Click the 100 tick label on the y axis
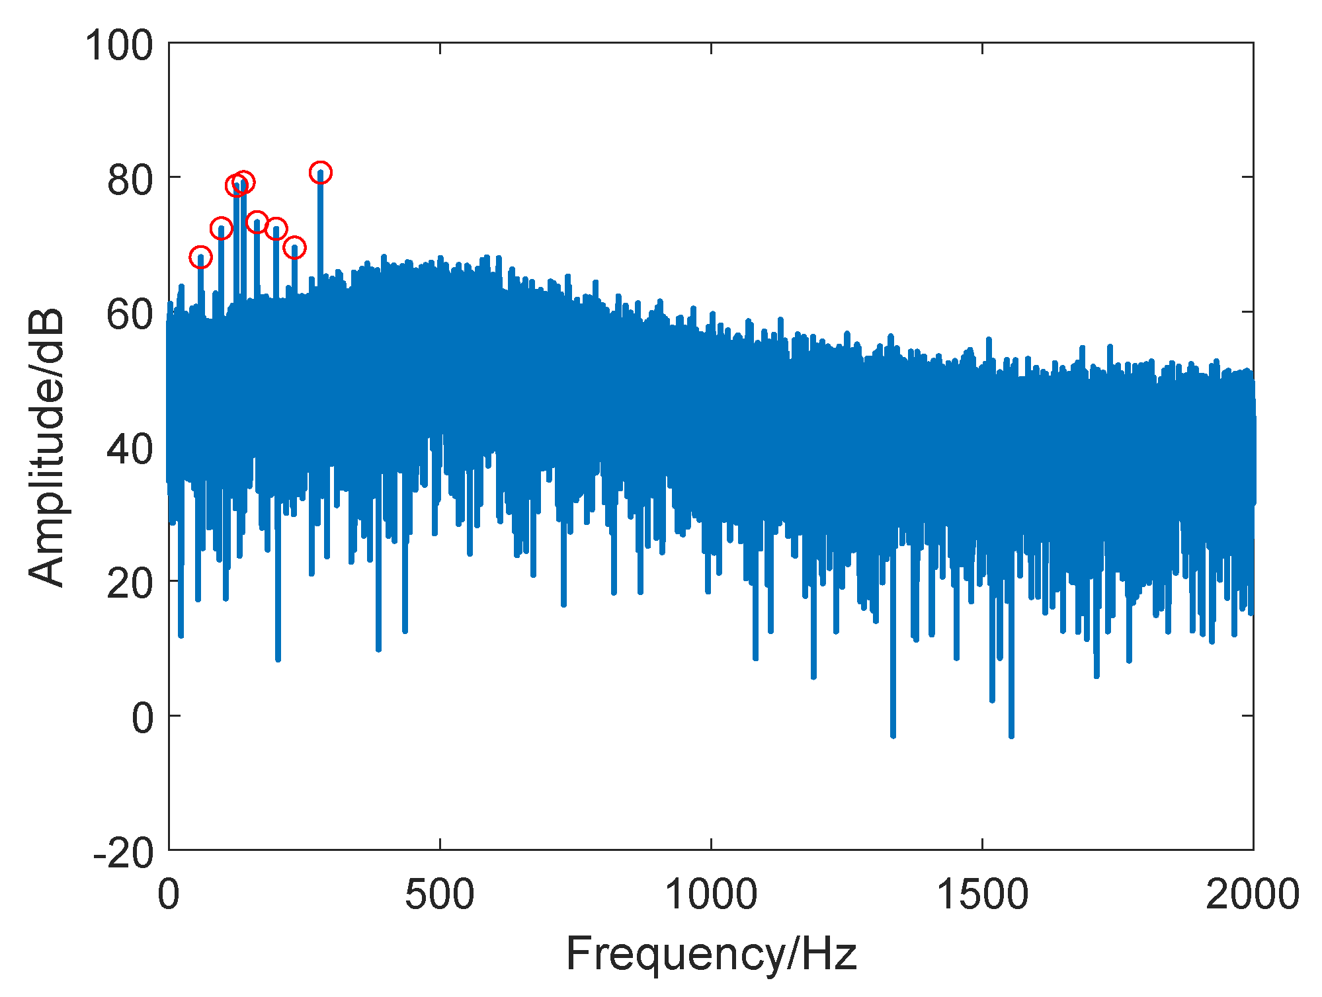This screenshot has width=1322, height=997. [x=119, y=46]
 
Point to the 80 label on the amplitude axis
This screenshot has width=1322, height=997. [x=130, y=180]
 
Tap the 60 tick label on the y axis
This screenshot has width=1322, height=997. [x=130, y=315]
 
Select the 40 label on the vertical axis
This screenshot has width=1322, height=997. [x=130, y=449]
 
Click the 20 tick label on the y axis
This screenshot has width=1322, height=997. [x=130, y=584]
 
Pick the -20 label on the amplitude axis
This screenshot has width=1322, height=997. [x=123, y=853]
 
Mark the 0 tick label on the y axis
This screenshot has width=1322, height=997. [x=142, y=718]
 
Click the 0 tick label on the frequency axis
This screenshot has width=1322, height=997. [x=169, y=894]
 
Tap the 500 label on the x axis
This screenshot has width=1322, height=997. [x=440, y=894]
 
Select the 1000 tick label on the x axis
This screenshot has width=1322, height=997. [x=711, y=894]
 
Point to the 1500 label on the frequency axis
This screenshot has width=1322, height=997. [x=982, y=894]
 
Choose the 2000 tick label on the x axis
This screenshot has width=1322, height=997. [x=1253, y=894]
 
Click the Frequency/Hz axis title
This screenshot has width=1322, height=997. [x=711, y=953]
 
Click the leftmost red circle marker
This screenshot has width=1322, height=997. [x=200, y=257]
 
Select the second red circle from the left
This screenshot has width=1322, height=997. [x=221, y=229]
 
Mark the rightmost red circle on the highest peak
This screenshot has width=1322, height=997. [x=320, y=173]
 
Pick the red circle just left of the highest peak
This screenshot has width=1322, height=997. [x=294, y=248]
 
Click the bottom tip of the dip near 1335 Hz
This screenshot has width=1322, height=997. [x=893, y=735]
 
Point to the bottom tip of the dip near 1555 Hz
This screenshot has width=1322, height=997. [x=1011, y=735]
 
